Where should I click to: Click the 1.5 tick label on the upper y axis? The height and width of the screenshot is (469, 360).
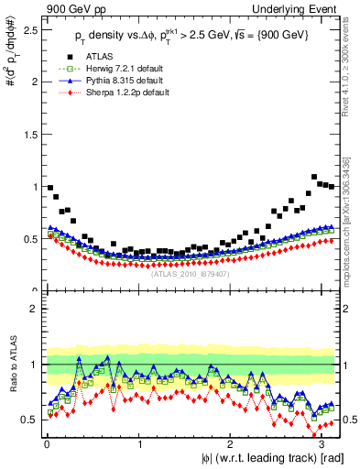click(29, 134)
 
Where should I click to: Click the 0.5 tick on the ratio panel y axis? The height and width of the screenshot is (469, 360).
click(29, 420)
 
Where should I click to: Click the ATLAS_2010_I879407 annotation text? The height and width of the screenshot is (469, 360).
click(190, 272)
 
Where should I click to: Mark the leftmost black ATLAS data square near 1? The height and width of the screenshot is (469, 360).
click(49, 187)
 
